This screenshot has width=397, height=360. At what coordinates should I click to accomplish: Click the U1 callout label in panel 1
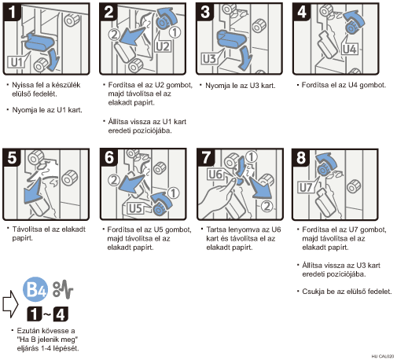tap(17, 62)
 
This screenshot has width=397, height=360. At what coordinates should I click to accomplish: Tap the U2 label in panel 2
tap(163, 46)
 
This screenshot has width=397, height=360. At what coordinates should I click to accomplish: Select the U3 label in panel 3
tap(210, 59)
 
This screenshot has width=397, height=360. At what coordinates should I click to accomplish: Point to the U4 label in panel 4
tap(350, 49)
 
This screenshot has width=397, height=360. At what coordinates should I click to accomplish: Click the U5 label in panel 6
tap(135, 208)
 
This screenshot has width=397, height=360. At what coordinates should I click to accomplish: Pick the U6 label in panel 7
tap(215, 174)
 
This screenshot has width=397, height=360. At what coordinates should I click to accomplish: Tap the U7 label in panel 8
tap(306, 188)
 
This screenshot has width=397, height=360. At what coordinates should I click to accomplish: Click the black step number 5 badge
tap(12, 157)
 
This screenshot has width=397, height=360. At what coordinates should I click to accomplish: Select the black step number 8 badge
tap(301, 157)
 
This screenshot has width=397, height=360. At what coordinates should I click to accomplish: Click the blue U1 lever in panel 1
tap(39, 42)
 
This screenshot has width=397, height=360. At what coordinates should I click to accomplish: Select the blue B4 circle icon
tap(35, 289)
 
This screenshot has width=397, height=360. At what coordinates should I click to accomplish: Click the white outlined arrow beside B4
tap(10, 304)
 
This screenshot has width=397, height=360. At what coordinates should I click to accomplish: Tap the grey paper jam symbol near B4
tap(63, 289)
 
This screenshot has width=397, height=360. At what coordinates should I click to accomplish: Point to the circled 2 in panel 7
tap(267, 206)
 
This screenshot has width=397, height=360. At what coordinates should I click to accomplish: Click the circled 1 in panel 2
tap(175, 32)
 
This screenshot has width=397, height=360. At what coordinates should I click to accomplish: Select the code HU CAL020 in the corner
tap(383, 356)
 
